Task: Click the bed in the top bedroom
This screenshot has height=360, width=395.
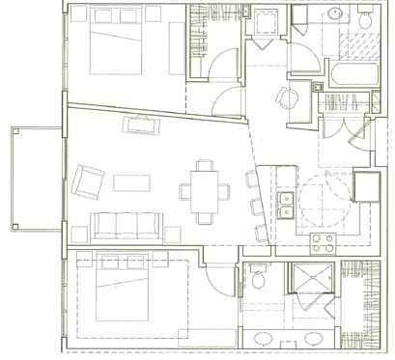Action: [115, 43]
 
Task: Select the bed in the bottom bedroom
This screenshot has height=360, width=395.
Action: [123, 286]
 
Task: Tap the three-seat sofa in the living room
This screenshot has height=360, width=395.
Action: [126, 225]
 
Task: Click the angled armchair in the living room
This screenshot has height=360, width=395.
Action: [87, 180]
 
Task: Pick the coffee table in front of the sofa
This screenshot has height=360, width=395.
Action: [131, 182]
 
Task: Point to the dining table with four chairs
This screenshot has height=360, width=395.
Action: [205, 189]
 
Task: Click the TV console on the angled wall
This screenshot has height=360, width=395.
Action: [141, 125]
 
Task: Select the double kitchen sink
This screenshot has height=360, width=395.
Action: [285, 203]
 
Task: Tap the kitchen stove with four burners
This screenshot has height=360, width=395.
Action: [323, 242]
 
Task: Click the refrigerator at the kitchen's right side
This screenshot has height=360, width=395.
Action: [367, 185]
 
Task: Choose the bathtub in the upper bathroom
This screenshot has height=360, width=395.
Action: [353, 73]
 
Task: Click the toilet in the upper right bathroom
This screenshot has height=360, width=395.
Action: [366, 18]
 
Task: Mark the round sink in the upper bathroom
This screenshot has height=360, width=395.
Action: [336, 14]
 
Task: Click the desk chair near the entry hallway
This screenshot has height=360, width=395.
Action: [287, 97]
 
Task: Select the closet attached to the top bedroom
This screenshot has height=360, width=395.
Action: [212, 43]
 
